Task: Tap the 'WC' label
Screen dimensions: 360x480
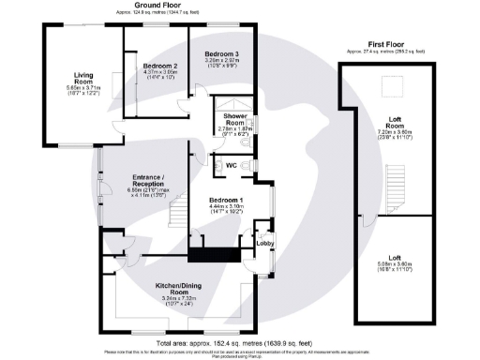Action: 230,165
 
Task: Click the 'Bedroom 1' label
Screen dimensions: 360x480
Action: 226,201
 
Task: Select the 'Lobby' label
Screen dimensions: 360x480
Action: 264,244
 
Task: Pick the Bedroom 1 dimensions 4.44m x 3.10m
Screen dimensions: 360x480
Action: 226,210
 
